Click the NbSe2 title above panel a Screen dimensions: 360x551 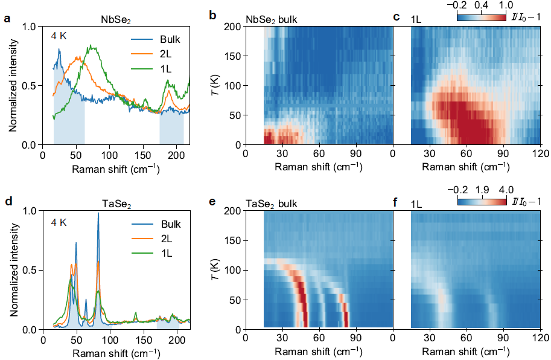pos(114,19)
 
